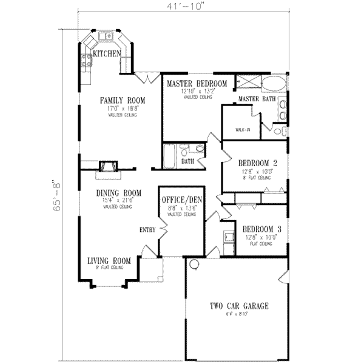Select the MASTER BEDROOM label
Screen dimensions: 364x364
click(x=195, y=83)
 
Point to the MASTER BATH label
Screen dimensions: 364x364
click(x=257, y=98)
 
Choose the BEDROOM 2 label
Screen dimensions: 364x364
click(x=255, y=163)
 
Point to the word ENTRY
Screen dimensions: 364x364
click(x=147, y=230)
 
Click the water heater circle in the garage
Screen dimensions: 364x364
click(x=194, y=264)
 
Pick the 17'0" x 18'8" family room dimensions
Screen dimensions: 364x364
click(x=120, y=108)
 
